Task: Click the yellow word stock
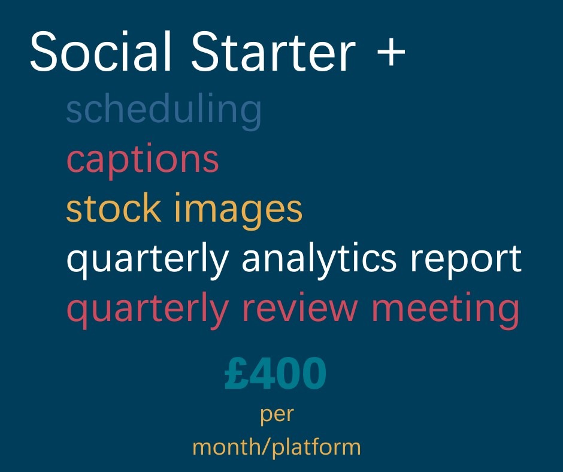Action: click(x=113, y=208)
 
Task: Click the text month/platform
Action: click(x=277, y=447)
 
